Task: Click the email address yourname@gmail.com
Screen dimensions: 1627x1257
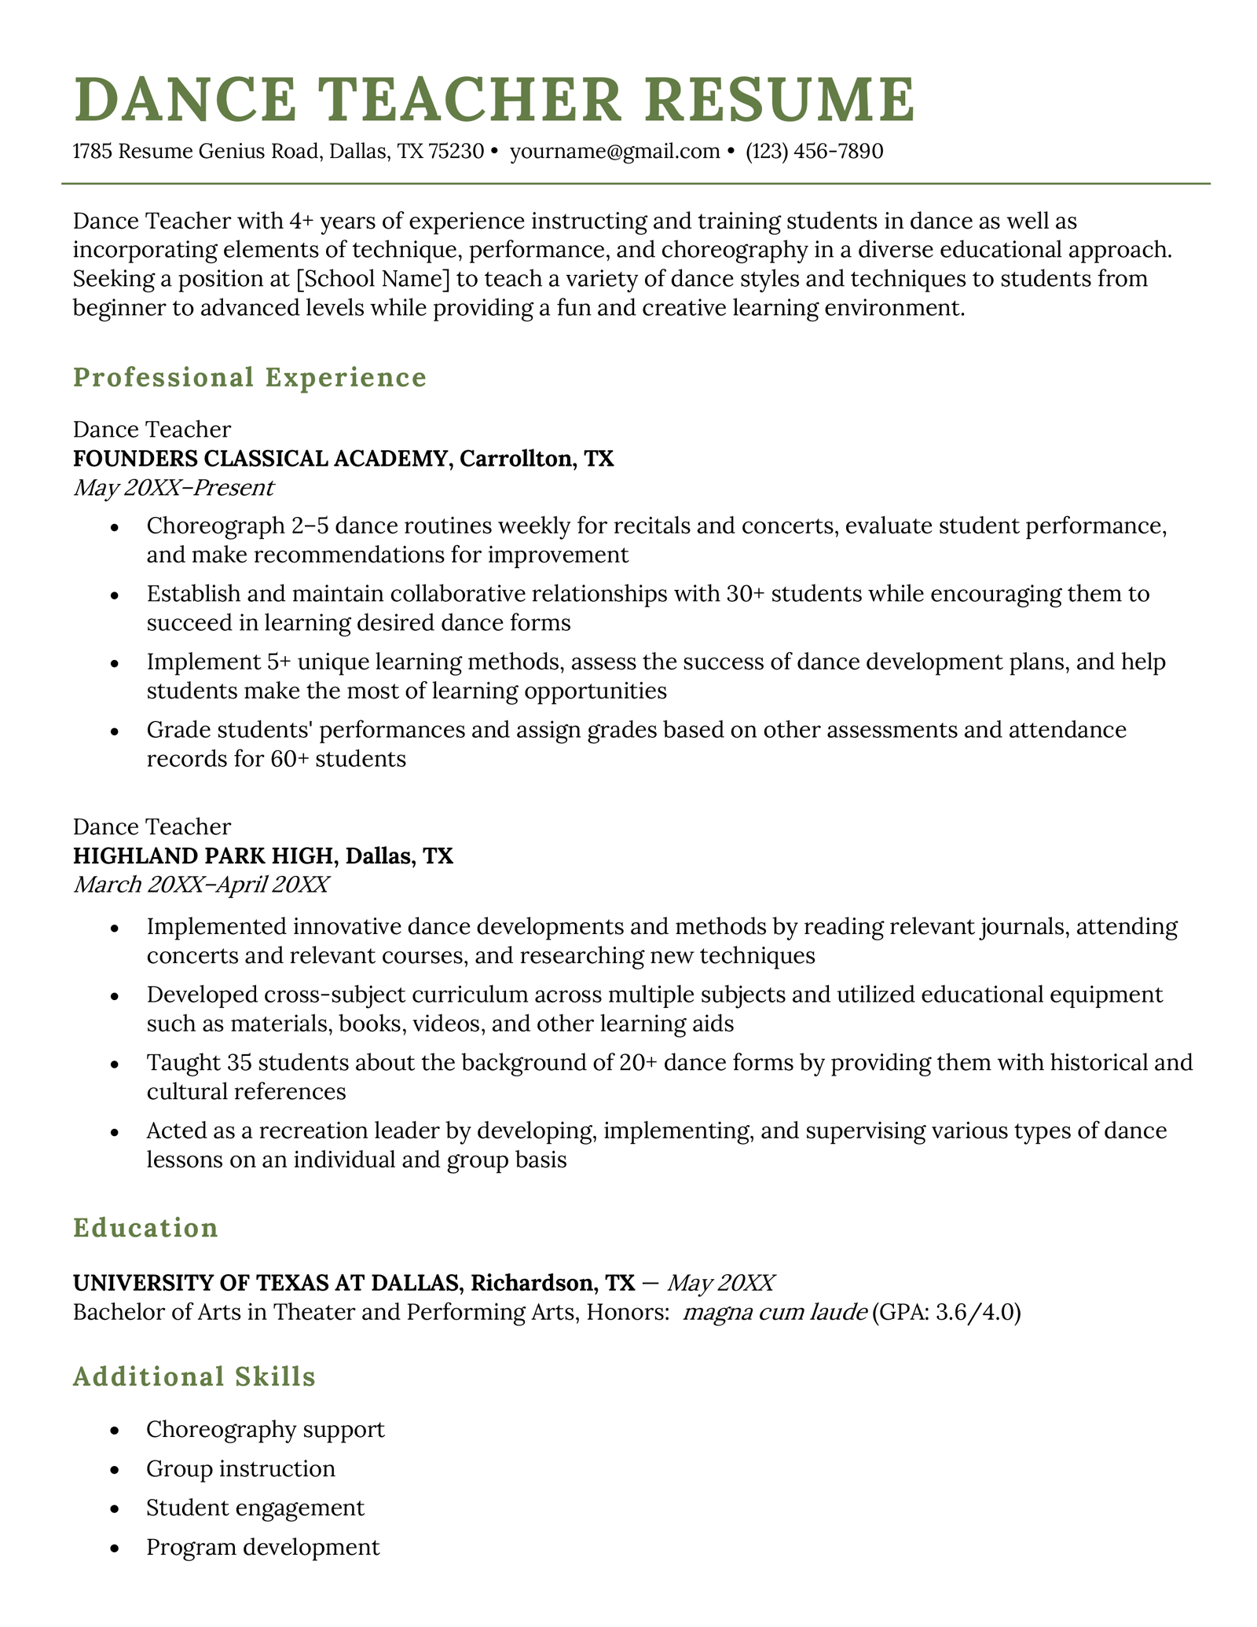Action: point(614,151)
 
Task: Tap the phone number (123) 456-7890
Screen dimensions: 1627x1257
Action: point(815,151)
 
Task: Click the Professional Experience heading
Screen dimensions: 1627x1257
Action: point(249,377)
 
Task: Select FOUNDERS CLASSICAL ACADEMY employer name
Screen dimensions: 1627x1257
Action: point(259,459)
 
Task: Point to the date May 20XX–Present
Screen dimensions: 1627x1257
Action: point(173,488)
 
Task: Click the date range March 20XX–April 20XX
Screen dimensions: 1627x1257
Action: point(200,885)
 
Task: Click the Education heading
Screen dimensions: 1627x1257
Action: point(145,1228)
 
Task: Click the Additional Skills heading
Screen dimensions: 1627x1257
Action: point(194,1377)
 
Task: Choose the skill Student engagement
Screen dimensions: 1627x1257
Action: point(255,1508)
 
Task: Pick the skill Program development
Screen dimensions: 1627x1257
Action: point(262,1547)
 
